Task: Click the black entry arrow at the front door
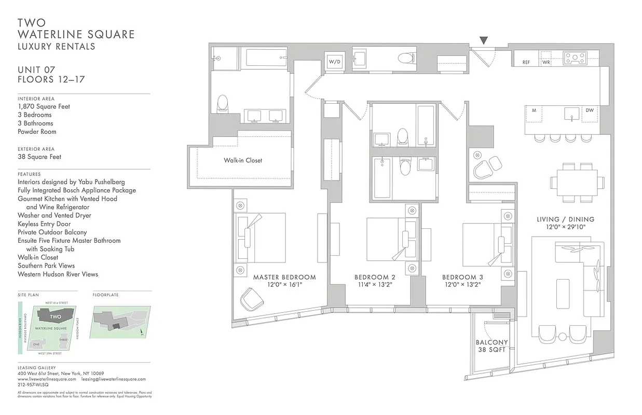(484, 40)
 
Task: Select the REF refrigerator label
(526, 62)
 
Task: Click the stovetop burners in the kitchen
(575, 58)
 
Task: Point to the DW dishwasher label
(590, 110)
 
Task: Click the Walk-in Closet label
(243, 160)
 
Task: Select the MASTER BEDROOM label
(284, 278)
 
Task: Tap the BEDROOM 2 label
(375, 278)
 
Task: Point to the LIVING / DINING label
(565, 219)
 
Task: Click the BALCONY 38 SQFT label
(491, 346)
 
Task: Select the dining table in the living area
(577, 183)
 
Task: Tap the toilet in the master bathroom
(223, 103)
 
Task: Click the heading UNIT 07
(36, 70)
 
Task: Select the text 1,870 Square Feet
(44, 106)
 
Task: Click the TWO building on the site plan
(56, 316)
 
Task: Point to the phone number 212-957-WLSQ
(33, 385)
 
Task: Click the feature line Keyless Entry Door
(44, 224)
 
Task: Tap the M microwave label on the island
(534, 110)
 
